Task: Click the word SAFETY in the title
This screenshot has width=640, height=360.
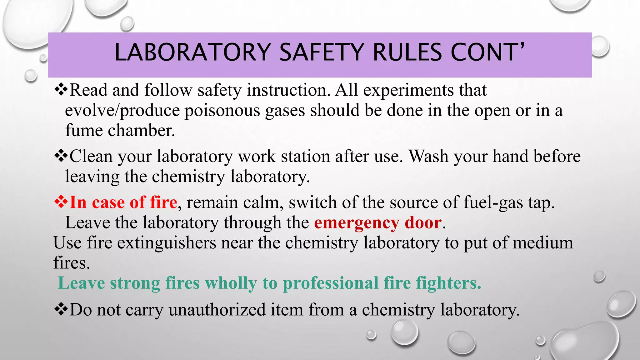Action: [x=321, y=52]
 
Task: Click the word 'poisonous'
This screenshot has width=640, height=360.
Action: [x=222, y=111]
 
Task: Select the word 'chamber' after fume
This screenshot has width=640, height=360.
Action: [x=141, y=131]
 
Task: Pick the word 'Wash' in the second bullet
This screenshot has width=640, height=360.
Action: [x=428, y=156]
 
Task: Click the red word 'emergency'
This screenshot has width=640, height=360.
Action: [x=357, y=223]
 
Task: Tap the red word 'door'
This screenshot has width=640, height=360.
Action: [x=423, y=223]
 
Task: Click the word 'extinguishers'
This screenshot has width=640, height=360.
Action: [x=167, y=243]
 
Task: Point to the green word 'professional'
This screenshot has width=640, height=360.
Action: [x=331, y=283]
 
